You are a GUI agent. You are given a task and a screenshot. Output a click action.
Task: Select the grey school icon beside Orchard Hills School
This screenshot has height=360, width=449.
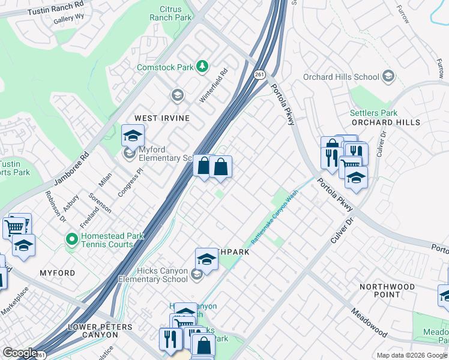coord(388,76)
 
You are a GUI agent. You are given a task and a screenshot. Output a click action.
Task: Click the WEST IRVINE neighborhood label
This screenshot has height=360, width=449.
coord(161,118)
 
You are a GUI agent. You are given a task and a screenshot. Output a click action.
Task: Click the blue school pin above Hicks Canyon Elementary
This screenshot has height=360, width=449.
coord(206,259)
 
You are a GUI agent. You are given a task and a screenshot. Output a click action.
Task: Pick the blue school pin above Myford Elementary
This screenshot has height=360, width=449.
coord(133,135)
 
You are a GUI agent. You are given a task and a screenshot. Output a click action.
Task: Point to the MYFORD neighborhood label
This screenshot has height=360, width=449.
coord(58,273)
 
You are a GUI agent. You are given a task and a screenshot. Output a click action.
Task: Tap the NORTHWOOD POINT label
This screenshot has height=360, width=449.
coord(387,290)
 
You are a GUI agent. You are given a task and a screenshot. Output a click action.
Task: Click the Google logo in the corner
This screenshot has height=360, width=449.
coord(20,353)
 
